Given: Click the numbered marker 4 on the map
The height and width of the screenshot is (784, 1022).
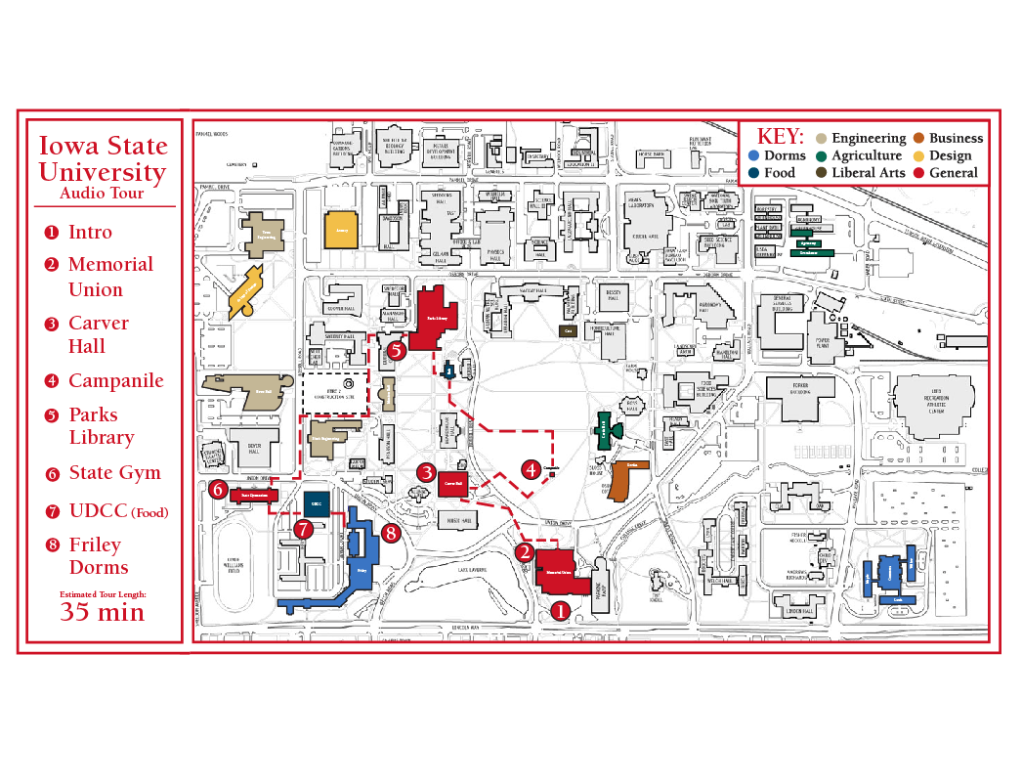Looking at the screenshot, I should (531, 470).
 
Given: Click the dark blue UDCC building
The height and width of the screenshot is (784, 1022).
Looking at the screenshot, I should (316, 504).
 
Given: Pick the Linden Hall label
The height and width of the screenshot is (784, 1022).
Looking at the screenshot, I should (799, 611).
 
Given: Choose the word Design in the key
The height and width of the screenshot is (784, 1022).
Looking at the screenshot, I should (950, 155).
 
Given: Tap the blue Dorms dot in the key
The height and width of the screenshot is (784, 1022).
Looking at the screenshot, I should (752, 155).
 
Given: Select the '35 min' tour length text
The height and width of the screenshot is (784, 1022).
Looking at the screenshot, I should (102, 613).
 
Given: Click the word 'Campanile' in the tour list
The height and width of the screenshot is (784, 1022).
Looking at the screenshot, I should (115, 381).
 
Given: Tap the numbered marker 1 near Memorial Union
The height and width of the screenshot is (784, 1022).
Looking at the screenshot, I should (560, 611).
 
